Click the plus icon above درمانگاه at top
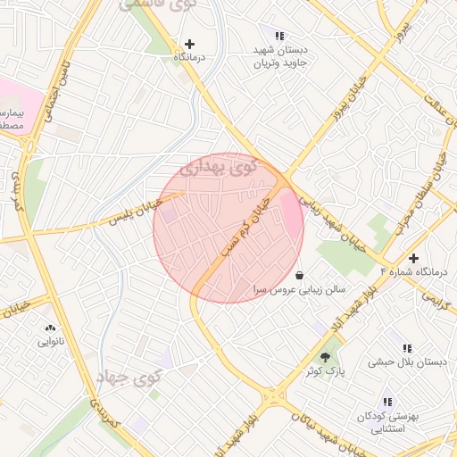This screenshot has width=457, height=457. (188, 43)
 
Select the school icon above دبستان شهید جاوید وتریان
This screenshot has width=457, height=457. (280, 37)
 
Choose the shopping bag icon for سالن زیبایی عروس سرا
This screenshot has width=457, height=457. (298, 273)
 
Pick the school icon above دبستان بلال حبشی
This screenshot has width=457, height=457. (407, 348)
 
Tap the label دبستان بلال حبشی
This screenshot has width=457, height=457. (407, 363)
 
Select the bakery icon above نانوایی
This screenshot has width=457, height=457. (49, 328)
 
